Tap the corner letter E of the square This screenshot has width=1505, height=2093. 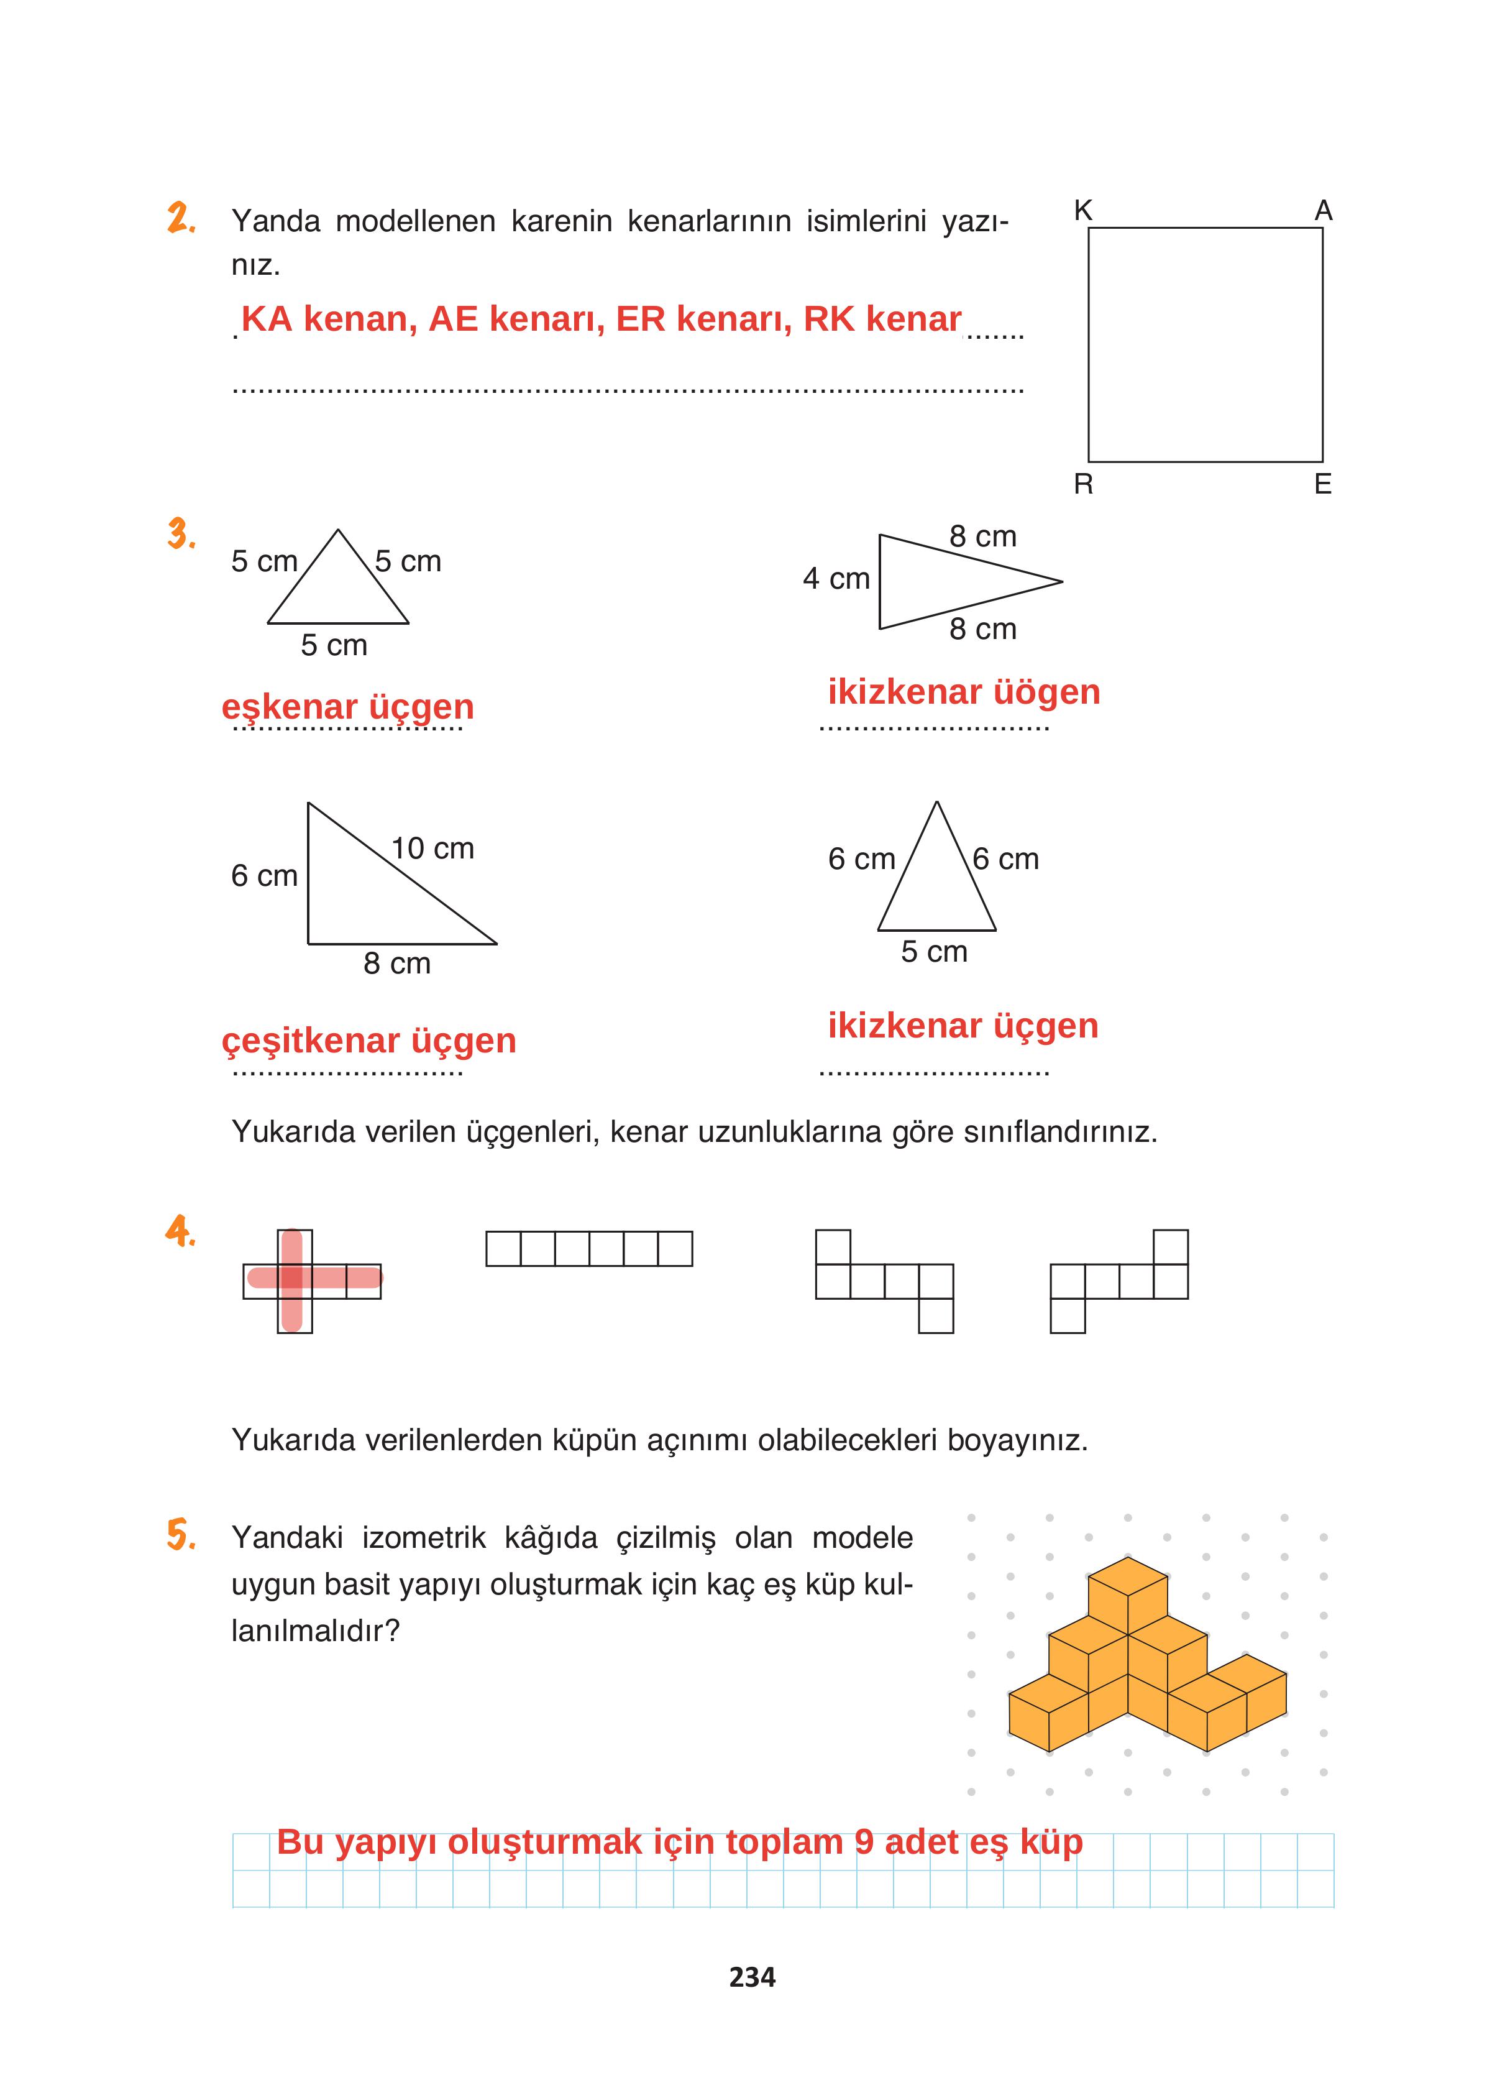(1322, 484)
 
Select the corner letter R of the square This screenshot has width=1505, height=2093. (1083, 484)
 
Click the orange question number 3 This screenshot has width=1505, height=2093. (181, 535)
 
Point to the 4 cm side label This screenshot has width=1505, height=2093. (836, 579)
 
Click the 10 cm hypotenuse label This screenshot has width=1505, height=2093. (432, 848)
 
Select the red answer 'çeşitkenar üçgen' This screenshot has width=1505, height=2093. (368, 1041)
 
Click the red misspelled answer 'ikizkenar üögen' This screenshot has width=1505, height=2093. (963, 692)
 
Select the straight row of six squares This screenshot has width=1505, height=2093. (588, 1249)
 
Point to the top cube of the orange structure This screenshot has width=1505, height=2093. (1128, 1586)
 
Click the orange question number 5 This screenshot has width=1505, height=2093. (181, 1535)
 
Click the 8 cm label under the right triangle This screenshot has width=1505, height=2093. (397, 964)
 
